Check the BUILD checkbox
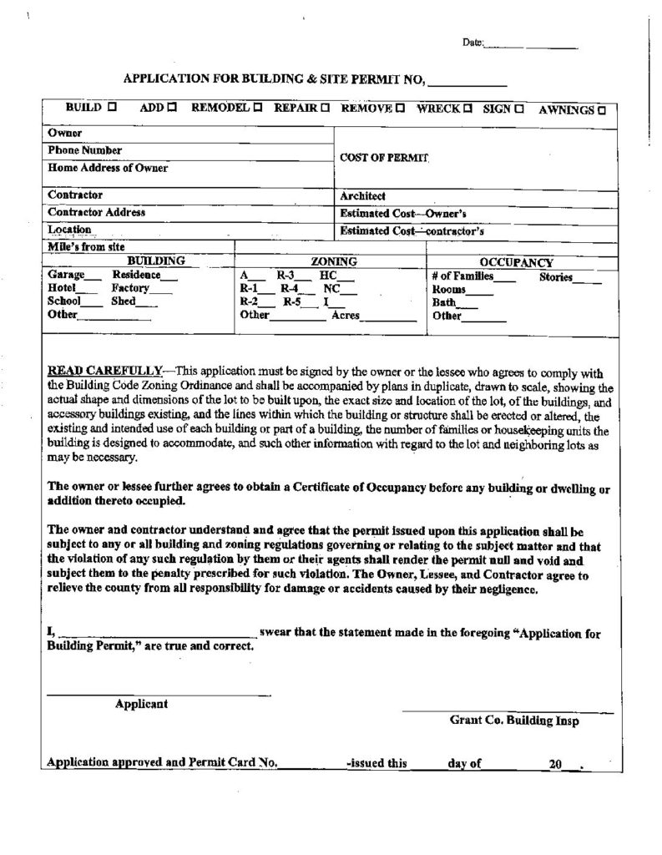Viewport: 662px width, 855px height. (113, 108)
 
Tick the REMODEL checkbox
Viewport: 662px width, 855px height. (258, 109)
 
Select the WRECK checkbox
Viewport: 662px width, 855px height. (467, 109)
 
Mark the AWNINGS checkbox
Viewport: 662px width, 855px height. (602, 109)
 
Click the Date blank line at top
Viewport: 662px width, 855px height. (530, 47)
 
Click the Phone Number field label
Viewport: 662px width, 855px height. (85, 150)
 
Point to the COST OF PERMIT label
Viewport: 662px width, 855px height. (384, 157)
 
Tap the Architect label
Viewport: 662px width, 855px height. (363, 195)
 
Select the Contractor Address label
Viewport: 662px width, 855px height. (97, 212)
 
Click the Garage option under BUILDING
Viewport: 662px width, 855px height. (64, 274)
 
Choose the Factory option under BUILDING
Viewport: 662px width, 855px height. (129, 286)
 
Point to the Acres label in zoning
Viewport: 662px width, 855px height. (346, 315)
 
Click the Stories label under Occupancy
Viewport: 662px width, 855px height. (556, 276)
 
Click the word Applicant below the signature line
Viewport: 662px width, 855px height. (141, 703)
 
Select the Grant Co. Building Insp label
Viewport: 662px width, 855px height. (513, 719)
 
